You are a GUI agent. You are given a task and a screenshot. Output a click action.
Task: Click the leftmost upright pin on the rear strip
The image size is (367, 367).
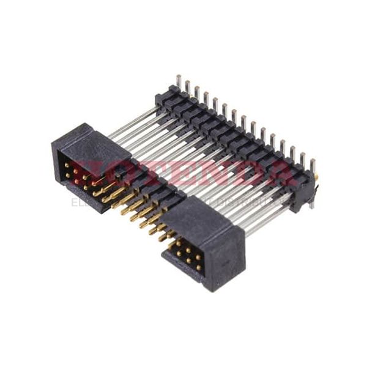click(179, 81)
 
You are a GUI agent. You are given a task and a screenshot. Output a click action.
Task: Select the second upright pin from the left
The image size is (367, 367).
click(188, 86)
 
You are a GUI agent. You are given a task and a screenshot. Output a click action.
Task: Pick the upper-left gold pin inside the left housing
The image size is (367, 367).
click(67, 165)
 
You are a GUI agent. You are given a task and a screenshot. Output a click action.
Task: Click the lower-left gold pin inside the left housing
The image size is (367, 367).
click(68, 176)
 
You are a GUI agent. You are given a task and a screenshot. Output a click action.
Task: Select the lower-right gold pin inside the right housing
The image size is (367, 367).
click(199, 267)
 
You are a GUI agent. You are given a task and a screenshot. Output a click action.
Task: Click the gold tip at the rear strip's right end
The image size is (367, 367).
click(316, 177)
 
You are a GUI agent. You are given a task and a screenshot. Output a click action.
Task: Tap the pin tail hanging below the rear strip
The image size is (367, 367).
click(311, 202)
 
